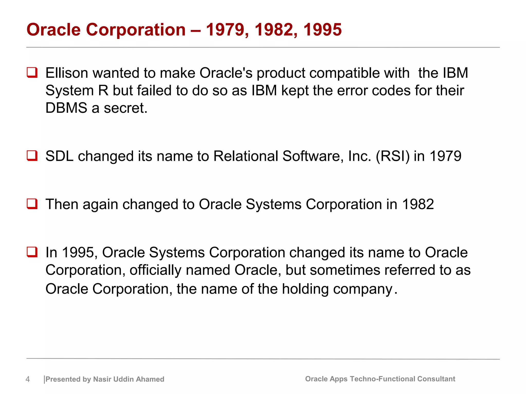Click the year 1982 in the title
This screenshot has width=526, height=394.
274,30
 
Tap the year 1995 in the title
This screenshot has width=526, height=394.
323,30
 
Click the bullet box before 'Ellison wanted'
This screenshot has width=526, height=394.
32,73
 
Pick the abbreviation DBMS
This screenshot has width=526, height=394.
66,108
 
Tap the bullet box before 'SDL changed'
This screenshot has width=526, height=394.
32,156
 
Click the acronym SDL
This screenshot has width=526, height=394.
60,156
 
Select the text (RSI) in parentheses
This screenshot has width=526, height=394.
393,156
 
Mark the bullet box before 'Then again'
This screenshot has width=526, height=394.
32,204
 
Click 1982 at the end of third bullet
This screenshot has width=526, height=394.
418,204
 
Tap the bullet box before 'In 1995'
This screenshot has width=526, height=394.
32,252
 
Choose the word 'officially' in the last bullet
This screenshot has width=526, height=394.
155,270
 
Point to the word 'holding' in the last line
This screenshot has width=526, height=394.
305,289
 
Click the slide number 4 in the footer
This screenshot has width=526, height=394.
28,379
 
